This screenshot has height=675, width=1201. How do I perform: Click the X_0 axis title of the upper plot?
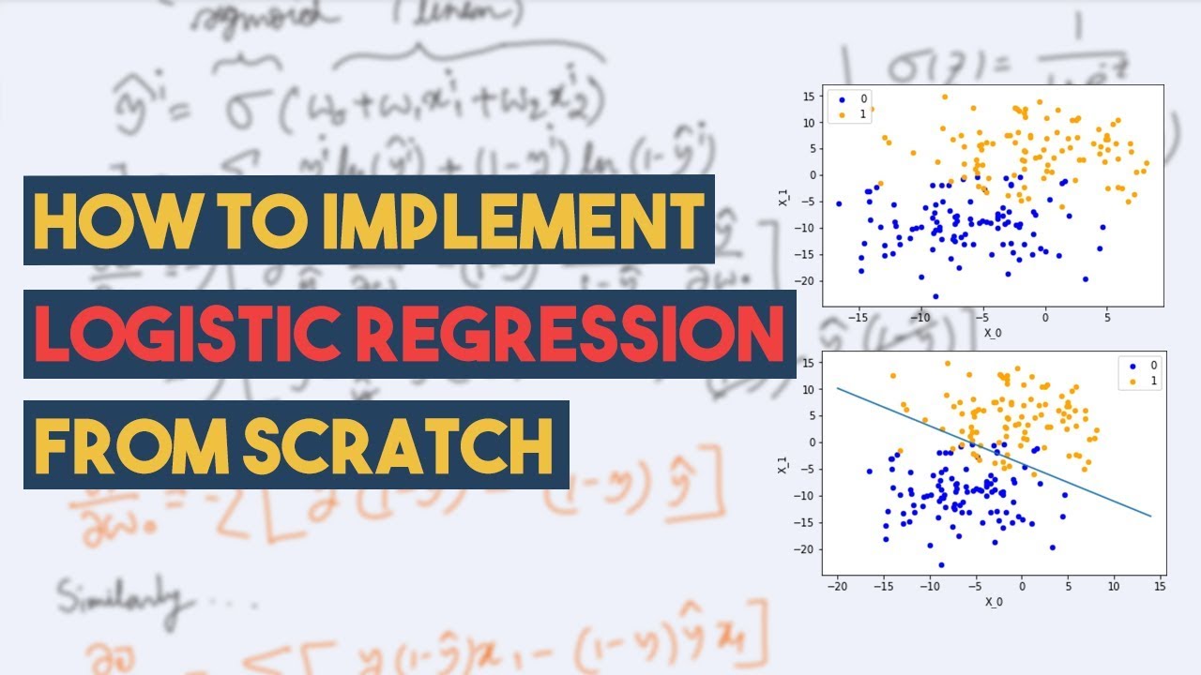coord(993,333)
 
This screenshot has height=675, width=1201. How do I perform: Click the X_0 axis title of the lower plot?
coord(994,602)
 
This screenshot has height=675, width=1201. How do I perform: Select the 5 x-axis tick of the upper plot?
coord(1106,317)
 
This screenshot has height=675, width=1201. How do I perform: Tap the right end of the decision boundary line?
coord(1150,516)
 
